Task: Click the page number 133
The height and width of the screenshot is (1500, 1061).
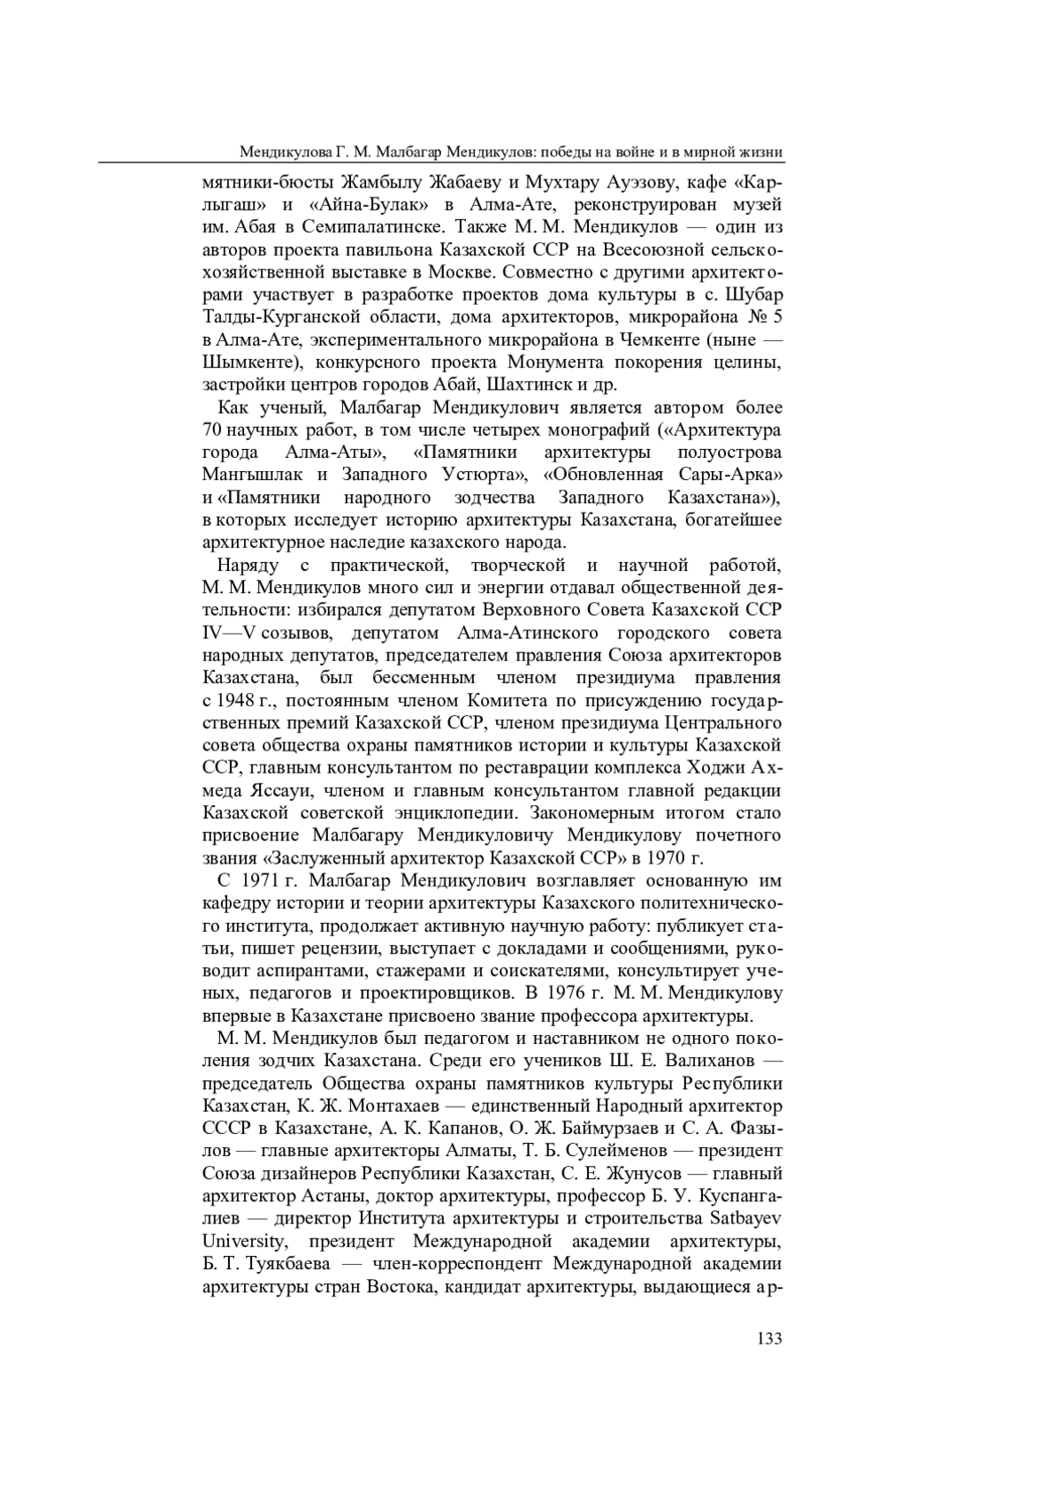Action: [x=769, y=1338]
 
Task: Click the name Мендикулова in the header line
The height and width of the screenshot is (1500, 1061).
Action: [x=287, y=152]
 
